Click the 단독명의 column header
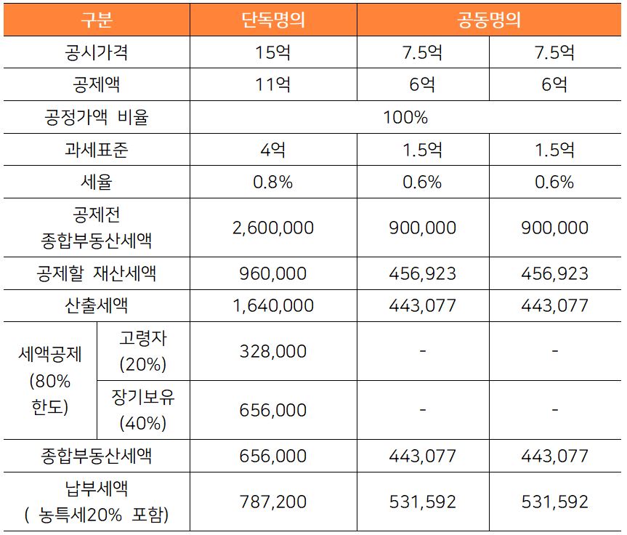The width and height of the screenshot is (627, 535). pyautogui.click(x=272, y=20)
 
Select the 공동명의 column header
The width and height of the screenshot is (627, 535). pyautogui.click(x=489, y=20)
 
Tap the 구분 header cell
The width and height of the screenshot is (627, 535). pyautogui.click(x=96, y=20)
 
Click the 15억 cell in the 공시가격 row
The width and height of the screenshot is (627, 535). pyautogui.click(x=272, y=53)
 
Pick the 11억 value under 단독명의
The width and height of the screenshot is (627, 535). pyautogui.click(x=272, y=85)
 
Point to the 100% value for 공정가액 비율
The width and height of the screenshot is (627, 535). pyautogui.click(x=405, y=117)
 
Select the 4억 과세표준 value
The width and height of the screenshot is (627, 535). pyautogui.click(x=272, y=150)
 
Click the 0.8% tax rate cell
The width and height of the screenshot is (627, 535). pyautogui.click(x=272, y=182)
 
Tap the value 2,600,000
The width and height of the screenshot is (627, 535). pyautogui.click(x=272, y=228)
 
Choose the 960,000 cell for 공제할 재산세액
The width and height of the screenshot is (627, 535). pyautogui.click(x=272, y=274)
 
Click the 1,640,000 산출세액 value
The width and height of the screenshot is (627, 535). pyautogui.click(x=272, y=305)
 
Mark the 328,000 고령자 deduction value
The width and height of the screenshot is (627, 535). pyautogui.click(x=272, y=351)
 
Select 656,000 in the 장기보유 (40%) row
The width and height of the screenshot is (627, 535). pyautogui.click(x=272, y=410)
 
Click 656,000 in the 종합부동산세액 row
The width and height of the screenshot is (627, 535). pyautogui.click(x=272, y=456)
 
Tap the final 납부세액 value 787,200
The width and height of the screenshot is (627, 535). pyautogui.click(x=272, y=502)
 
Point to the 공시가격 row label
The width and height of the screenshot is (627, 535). pyautogui.click(x=96, y=53)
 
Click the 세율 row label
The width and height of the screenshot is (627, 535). pyautogui.click(x=96, y=182)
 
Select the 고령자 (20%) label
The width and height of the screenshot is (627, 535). pyautogui.click(x=143, y=350)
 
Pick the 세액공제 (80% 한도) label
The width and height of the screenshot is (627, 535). pyautogui.click(x=50, y=380)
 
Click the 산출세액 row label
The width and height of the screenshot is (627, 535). pyautogui.click(x=96, y=305)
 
